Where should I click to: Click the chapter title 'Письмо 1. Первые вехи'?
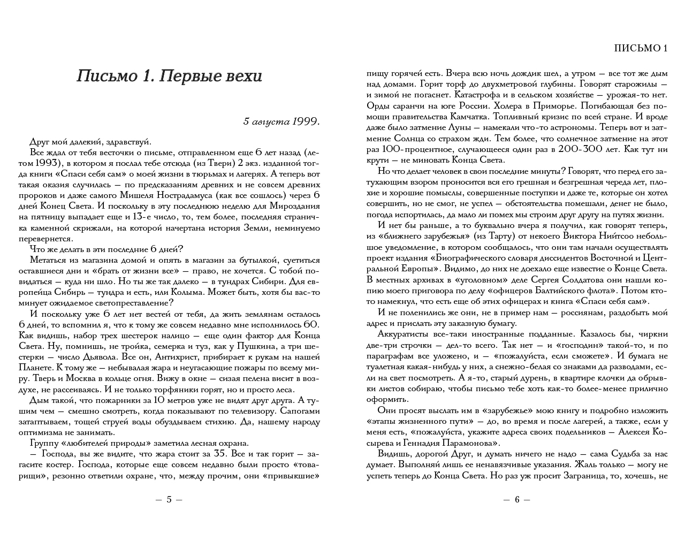coord(170,77)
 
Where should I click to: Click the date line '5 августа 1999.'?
coord(281,121)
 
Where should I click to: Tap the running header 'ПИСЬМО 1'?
coord(641,48)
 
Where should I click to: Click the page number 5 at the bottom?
coord(169,499)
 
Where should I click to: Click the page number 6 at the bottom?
coord(517,499)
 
